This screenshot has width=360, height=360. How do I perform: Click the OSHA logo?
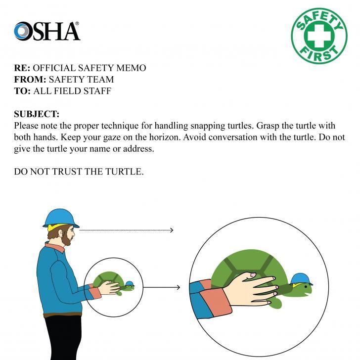pos(47,31)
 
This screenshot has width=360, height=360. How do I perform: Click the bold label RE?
pos(22,68)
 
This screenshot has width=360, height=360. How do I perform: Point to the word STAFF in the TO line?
pos(97,91)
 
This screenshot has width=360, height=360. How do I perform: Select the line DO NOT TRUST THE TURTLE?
pos(79,173)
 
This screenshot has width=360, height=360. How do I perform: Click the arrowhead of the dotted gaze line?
pos(171,230)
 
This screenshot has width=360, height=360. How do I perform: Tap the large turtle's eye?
pos(305,286)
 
